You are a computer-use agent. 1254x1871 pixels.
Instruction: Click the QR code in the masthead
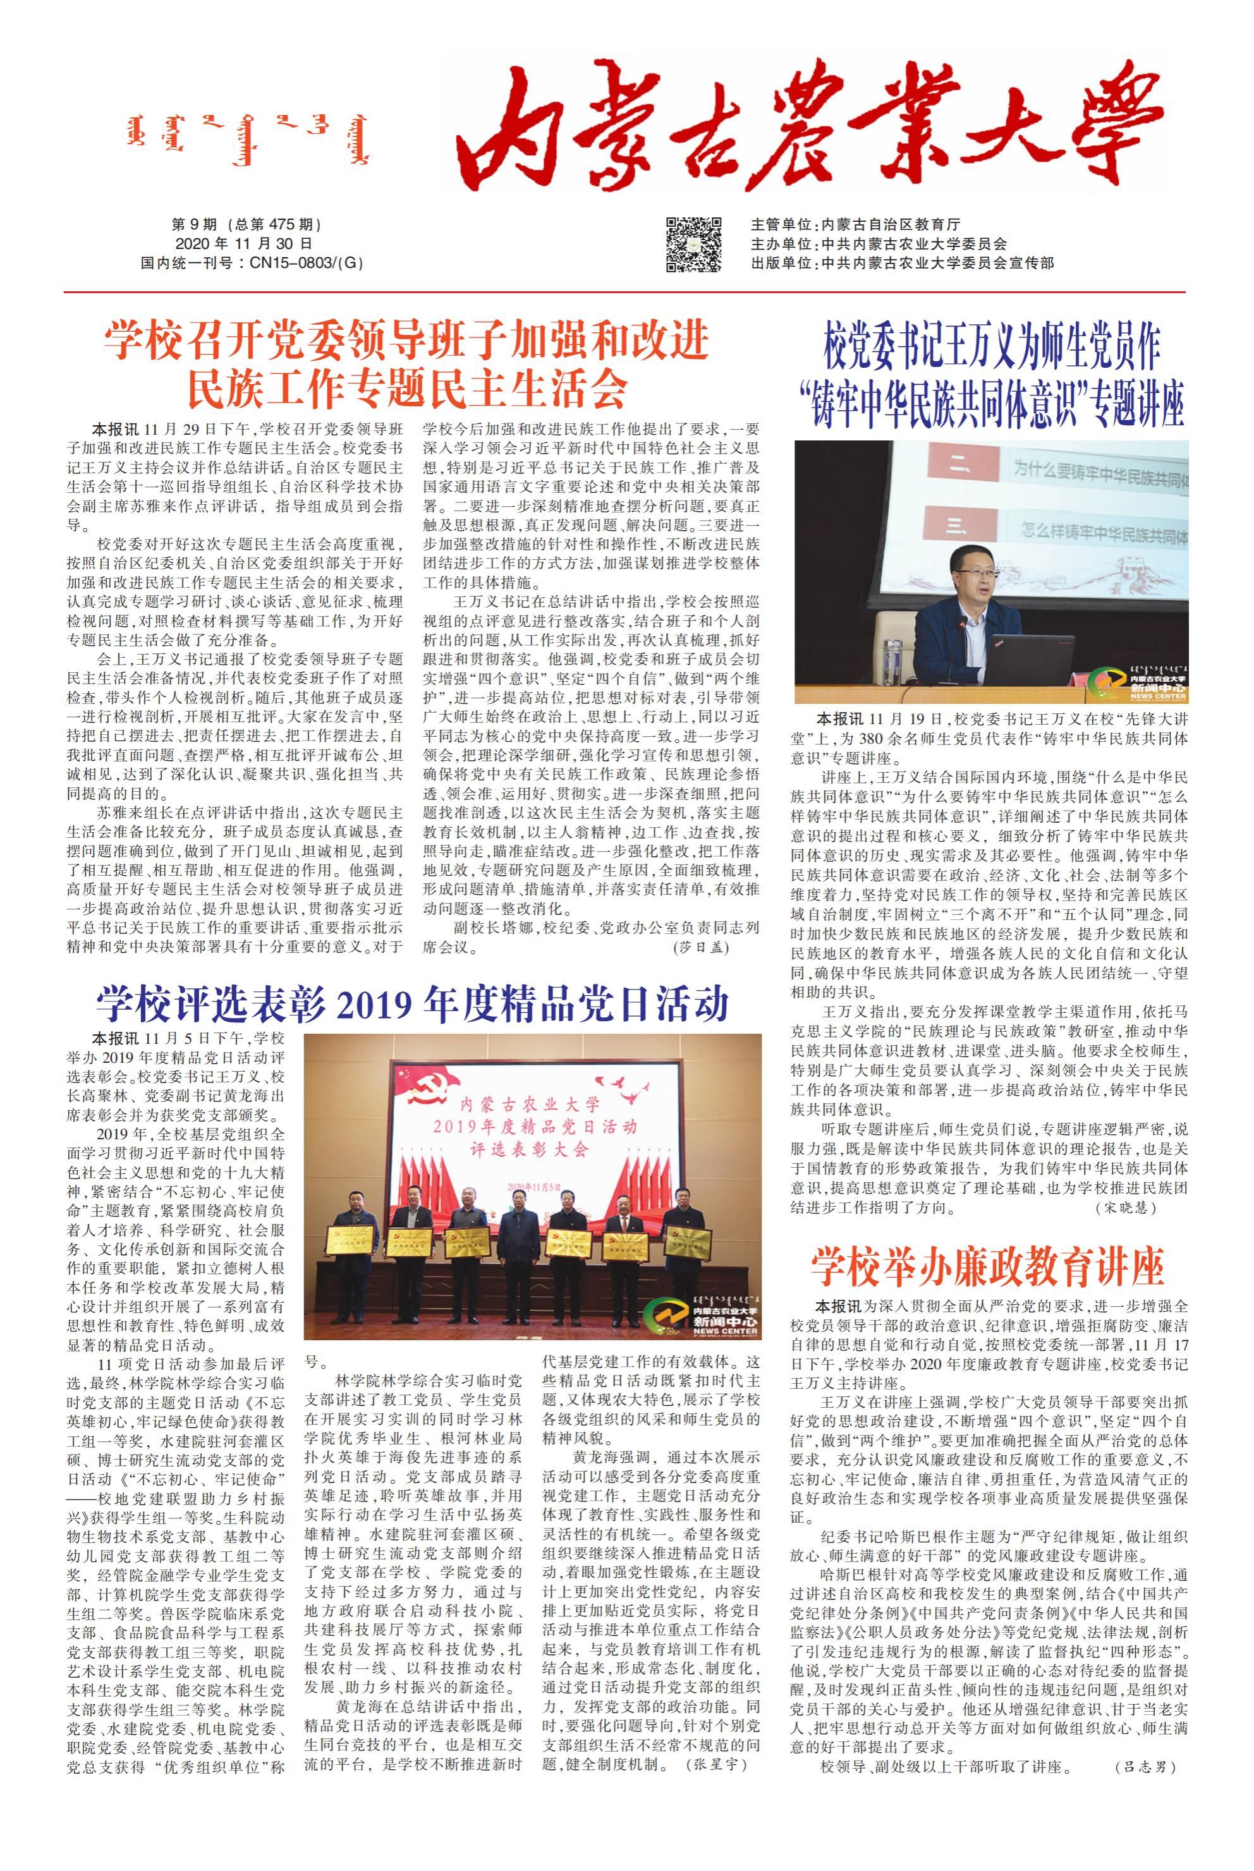(693, 244)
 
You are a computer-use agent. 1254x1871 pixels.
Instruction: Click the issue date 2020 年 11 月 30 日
(243, 244)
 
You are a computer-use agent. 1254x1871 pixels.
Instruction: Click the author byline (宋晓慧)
(1125, 1208)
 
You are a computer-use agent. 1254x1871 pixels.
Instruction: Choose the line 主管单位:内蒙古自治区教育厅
(855, 225)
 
